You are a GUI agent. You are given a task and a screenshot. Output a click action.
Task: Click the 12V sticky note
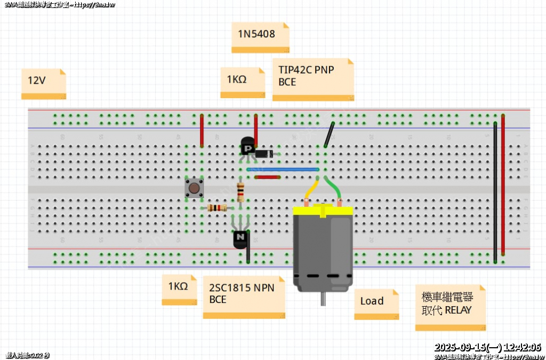tap(44, 83)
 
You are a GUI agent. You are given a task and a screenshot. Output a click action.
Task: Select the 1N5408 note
tap(260, 37)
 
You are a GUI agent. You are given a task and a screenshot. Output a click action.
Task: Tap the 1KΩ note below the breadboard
tap(179, 290)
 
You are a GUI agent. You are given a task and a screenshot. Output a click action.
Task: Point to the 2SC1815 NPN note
tap(244, 297)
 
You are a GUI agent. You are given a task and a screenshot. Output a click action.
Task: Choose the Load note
tap(376, 304)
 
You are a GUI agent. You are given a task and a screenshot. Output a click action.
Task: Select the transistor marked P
tap(247, 147)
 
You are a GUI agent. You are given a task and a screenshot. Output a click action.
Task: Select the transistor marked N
tap(240, 238)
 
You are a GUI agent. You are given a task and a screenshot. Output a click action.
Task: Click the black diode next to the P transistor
tap(264, 154)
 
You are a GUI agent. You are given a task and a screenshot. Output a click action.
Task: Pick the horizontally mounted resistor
tap(216, 208)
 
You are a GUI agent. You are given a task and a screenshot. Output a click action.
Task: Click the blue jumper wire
tap(283, 170)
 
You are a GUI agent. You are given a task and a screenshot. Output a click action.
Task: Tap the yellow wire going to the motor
tap(311, 190)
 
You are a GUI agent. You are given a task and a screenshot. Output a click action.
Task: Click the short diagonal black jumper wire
tap(329, 135)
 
